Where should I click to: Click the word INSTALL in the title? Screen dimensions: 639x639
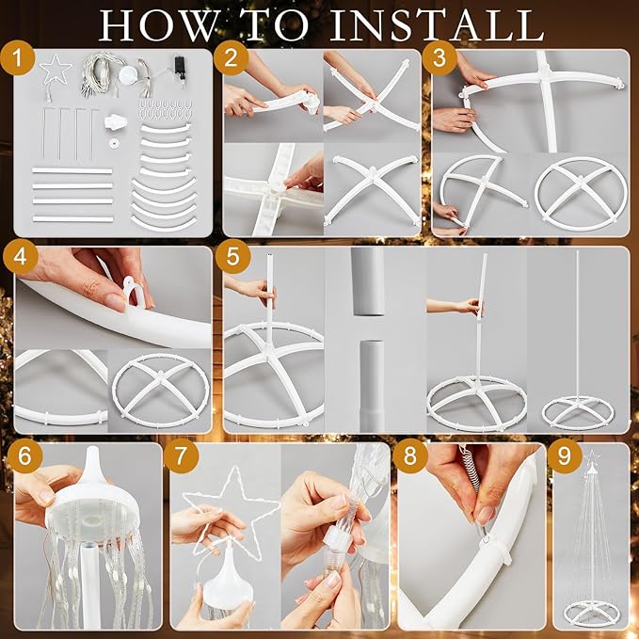coord(437,25)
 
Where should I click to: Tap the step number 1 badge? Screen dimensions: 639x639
coord(17,58)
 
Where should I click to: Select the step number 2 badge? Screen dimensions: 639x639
coord(231,58)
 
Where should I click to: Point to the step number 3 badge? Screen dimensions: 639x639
coord(439,58)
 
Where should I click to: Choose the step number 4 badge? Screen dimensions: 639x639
coord(21,258)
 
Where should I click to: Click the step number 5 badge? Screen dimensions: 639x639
coord(232,257)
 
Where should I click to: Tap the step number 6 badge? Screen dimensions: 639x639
coord(24,456)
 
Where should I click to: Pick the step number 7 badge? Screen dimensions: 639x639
coord(182,456)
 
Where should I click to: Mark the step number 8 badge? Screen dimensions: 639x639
coord(410,456)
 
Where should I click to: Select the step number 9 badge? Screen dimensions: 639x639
coord(564,456)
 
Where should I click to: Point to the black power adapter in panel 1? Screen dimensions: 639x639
coord(179,65)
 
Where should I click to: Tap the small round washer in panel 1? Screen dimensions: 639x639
coord(113,143)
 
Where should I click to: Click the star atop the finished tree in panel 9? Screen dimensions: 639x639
coord(590,458)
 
